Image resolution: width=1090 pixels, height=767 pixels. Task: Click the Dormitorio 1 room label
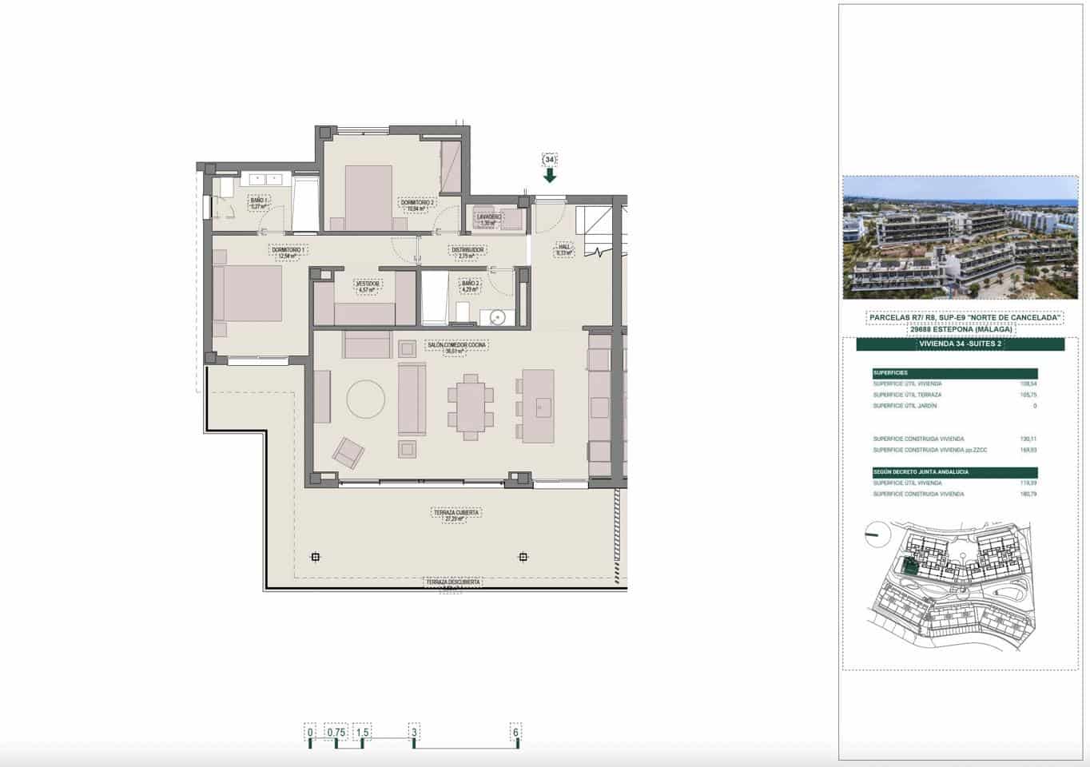click(288, 250)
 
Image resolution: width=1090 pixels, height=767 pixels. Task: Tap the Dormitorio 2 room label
click(417, 203)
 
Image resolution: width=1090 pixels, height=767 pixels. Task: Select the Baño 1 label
click(259, 200)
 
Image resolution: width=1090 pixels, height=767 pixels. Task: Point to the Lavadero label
click(489, 217)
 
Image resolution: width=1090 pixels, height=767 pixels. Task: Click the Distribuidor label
click(467, 250)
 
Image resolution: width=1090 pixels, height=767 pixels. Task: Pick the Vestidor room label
click(368, 283)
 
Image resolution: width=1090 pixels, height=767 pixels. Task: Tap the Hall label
click(564, 248)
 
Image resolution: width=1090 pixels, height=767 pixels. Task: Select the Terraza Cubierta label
click(456, 513)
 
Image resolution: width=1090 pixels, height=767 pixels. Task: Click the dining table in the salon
click(471, 407)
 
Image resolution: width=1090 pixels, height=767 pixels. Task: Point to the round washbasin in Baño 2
click(498, 317)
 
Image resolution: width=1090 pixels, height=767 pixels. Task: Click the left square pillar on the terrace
click(316, 557)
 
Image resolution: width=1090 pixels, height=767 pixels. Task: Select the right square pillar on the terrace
click(523, 557)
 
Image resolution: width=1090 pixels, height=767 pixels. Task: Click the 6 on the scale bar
click(516, 731)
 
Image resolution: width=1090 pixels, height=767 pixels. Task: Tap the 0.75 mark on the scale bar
click(336, 731)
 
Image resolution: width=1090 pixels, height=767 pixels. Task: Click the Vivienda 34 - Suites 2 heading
click(960, 344)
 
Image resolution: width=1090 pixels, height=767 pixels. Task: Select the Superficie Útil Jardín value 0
click(1034, 406)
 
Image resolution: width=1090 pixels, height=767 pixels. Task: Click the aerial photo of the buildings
click(960, 237)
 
